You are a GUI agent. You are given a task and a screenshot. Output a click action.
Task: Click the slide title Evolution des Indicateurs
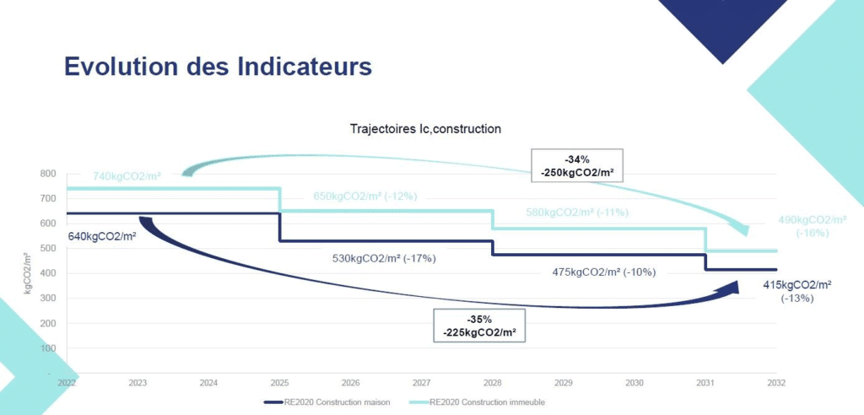219,67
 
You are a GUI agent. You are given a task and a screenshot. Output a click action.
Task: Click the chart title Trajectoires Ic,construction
426,129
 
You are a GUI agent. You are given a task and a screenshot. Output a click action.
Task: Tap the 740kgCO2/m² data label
127,176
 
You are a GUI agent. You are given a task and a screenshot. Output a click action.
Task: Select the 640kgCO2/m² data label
102,235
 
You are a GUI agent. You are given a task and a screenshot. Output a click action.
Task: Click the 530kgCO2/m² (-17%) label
384,258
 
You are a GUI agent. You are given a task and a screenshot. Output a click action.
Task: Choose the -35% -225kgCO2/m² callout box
479,325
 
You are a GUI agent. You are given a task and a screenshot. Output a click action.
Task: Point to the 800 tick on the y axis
48,174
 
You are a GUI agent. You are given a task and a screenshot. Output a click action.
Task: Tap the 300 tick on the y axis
48,298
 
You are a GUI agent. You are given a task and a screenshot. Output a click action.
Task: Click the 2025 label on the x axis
280,383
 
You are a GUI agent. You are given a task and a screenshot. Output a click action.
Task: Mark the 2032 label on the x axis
775,383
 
